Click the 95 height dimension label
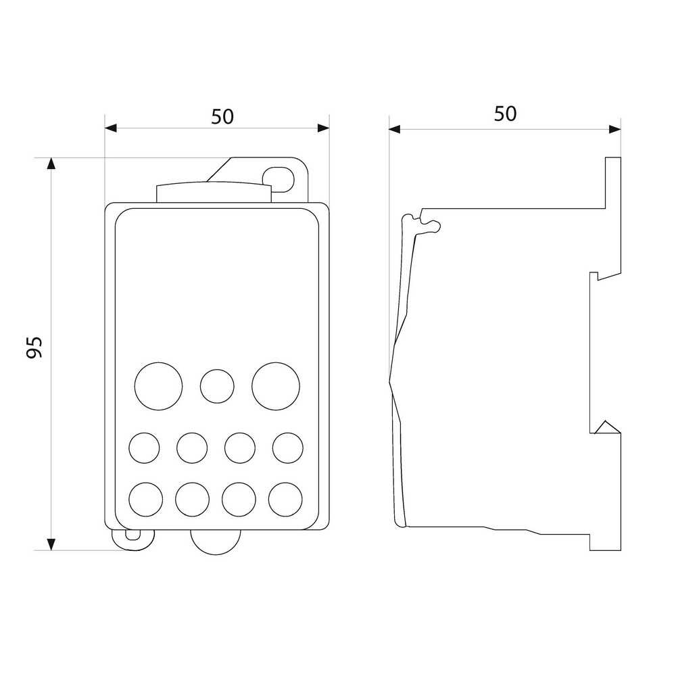pyautogui.click(x=34, y=347)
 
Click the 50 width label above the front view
pyautogui.click(x=222, y=117)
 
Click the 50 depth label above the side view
pyautogui.click(x=505, y=114)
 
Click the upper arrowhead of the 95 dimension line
pyautogui.click(x=51, y=164)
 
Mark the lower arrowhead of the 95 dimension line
pyautogui.click(x=51, y=544)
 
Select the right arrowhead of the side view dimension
pyautogui.click(x=614, y=129)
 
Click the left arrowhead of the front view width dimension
pyautogui.click(x=111, y=128)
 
